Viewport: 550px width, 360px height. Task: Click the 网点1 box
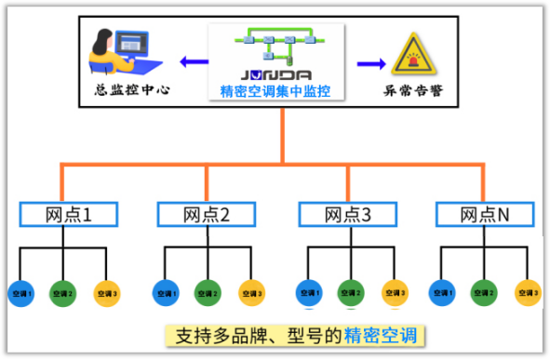69,215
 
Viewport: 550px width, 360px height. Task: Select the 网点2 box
206,215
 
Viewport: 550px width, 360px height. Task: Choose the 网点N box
485,215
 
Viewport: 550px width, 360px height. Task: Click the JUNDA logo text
276,73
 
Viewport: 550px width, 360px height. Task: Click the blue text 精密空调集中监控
276,90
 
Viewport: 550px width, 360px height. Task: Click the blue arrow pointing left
194,63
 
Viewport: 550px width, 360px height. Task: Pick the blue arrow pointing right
370,63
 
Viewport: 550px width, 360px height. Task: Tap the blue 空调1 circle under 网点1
21,293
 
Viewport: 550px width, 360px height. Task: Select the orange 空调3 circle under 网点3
395,293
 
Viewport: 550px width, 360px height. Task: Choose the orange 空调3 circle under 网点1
107,293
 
